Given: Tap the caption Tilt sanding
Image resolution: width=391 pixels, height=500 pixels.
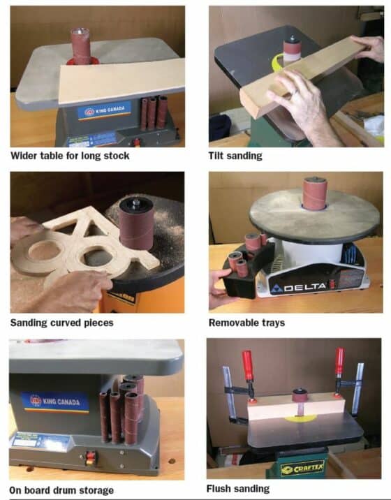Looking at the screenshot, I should coord(236,156).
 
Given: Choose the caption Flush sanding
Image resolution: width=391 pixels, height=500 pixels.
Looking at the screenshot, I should coord(238,488).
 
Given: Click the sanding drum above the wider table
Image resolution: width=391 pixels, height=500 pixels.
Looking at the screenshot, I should coord(80,46).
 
